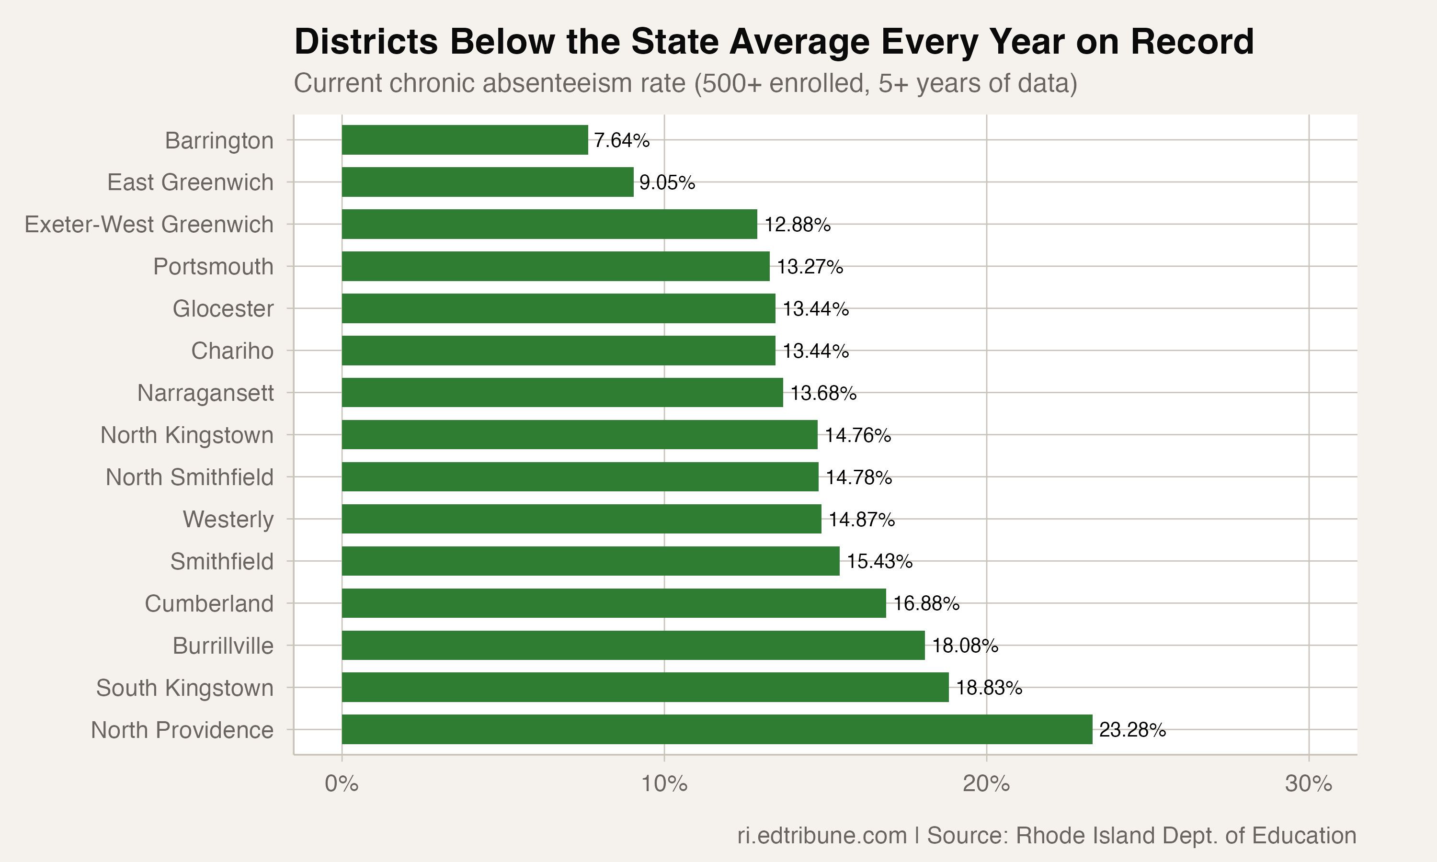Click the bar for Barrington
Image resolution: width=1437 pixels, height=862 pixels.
point(465,140)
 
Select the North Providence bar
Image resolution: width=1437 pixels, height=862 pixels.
point(717,729)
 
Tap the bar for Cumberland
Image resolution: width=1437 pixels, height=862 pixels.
point(614,603)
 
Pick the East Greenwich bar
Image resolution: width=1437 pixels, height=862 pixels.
point(487,182)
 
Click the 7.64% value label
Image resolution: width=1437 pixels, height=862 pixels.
point(621,141)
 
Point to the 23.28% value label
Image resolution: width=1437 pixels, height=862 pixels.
point(1132,730)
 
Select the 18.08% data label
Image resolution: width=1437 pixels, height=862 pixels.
point(965,646)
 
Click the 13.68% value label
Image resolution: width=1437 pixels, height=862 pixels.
point(823,393)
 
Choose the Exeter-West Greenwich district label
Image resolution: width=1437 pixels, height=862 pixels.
point(148,225)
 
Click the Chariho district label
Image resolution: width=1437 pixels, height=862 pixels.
point(232,352)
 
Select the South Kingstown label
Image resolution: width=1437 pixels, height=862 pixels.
point(185,688)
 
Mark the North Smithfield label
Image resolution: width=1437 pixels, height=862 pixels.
point(189,477)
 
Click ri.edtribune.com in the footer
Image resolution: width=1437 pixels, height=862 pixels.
point(822,836)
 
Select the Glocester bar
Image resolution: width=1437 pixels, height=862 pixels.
point(558,308)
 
